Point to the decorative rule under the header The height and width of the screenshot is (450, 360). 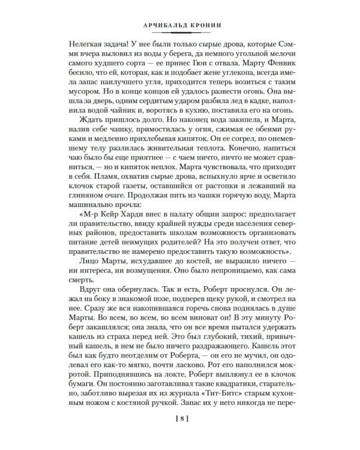pos(180,36)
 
